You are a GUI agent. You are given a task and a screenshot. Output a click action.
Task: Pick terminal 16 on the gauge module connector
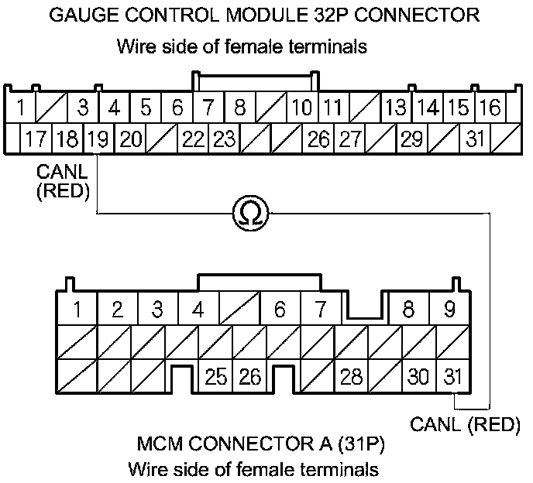489,108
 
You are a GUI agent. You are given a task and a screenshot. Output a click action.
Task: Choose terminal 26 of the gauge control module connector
318,140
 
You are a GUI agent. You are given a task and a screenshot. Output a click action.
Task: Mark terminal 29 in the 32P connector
412,140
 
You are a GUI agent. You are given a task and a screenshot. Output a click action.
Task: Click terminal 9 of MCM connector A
449,310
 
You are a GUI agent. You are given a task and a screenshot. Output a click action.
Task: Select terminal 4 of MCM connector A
198,310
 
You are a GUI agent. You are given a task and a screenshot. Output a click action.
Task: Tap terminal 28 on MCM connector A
351,377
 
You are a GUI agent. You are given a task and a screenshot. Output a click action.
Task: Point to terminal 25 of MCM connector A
217,377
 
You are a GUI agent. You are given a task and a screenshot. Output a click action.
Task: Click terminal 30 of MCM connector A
418,377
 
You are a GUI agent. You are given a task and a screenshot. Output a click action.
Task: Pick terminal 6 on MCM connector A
279,310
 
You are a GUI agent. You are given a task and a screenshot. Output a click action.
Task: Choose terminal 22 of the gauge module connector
193,140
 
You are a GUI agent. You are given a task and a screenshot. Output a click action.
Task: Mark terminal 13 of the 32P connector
396,108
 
